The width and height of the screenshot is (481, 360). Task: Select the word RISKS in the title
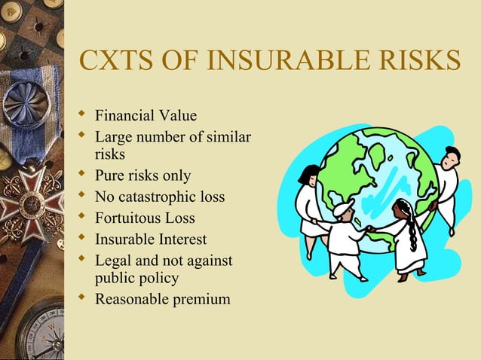tap(418, 61)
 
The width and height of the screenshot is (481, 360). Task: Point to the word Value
tap(178, 116)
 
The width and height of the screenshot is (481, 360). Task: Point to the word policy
tap(158, 278)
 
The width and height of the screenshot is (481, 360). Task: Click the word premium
tap(200, 299)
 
